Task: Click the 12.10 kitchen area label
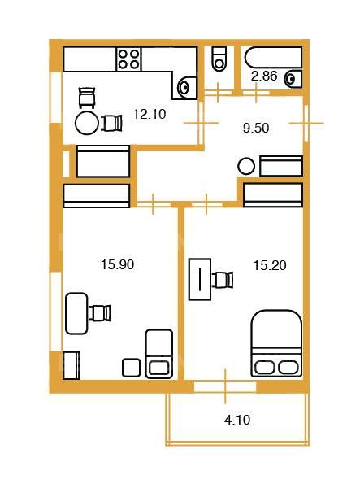(x=150, y=114)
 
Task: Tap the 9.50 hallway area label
(x=256, y=128)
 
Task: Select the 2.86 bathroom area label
(x=264, y=76)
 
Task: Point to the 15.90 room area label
(x=118, y=264)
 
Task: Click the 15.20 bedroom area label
(x=270, y=265)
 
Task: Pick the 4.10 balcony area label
(x=237, y=420)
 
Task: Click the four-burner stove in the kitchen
(x=129, y=59)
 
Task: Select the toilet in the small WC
(x=219, y=59)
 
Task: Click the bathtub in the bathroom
(x=273, y=58)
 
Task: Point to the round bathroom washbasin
(x=293, y=80)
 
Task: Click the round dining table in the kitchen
(x=87, y=123)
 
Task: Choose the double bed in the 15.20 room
(x=276, y=343)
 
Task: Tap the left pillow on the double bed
(x=264, y=368)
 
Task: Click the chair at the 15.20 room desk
(x=223, y=280)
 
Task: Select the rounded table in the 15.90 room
(x=76, y=313)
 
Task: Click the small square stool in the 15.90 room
(x=131, y=368)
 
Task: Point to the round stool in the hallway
(x=246, y=167)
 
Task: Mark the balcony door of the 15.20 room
(x=225, y=386)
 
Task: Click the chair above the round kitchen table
(x=87, y=98)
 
